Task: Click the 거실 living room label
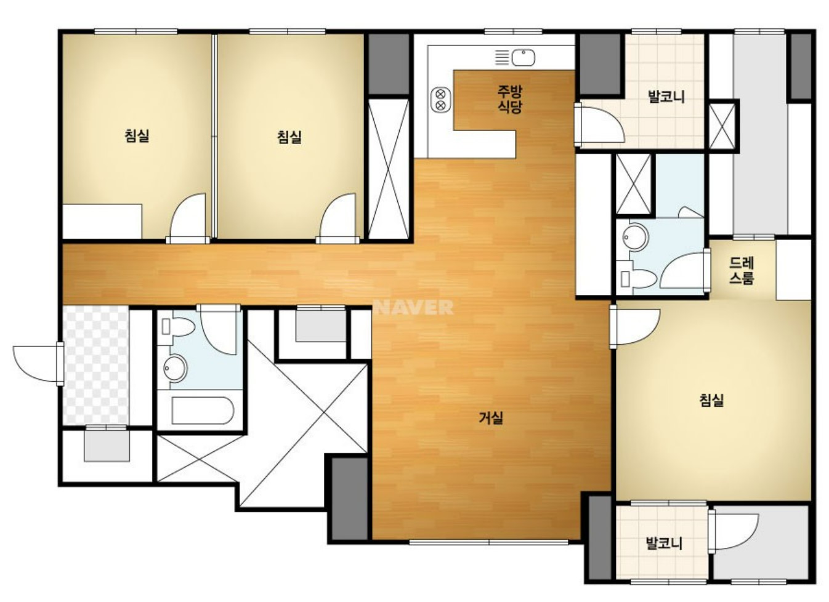491,418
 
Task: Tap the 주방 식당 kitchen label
509,98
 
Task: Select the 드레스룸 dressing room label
742,271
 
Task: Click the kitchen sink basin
524,57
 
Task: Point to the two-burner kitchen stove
440,100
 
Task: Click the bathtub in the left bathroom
203,411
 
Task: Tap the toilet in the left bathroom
178,326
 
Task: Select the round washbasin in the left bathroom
175,367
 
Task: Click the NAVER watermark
414,307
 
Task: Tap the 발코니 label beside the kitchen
666,97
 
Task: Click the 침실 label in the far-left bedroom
137,135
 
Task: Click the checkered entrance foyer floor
96,365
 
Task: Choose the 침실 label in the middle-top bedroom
289,137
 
